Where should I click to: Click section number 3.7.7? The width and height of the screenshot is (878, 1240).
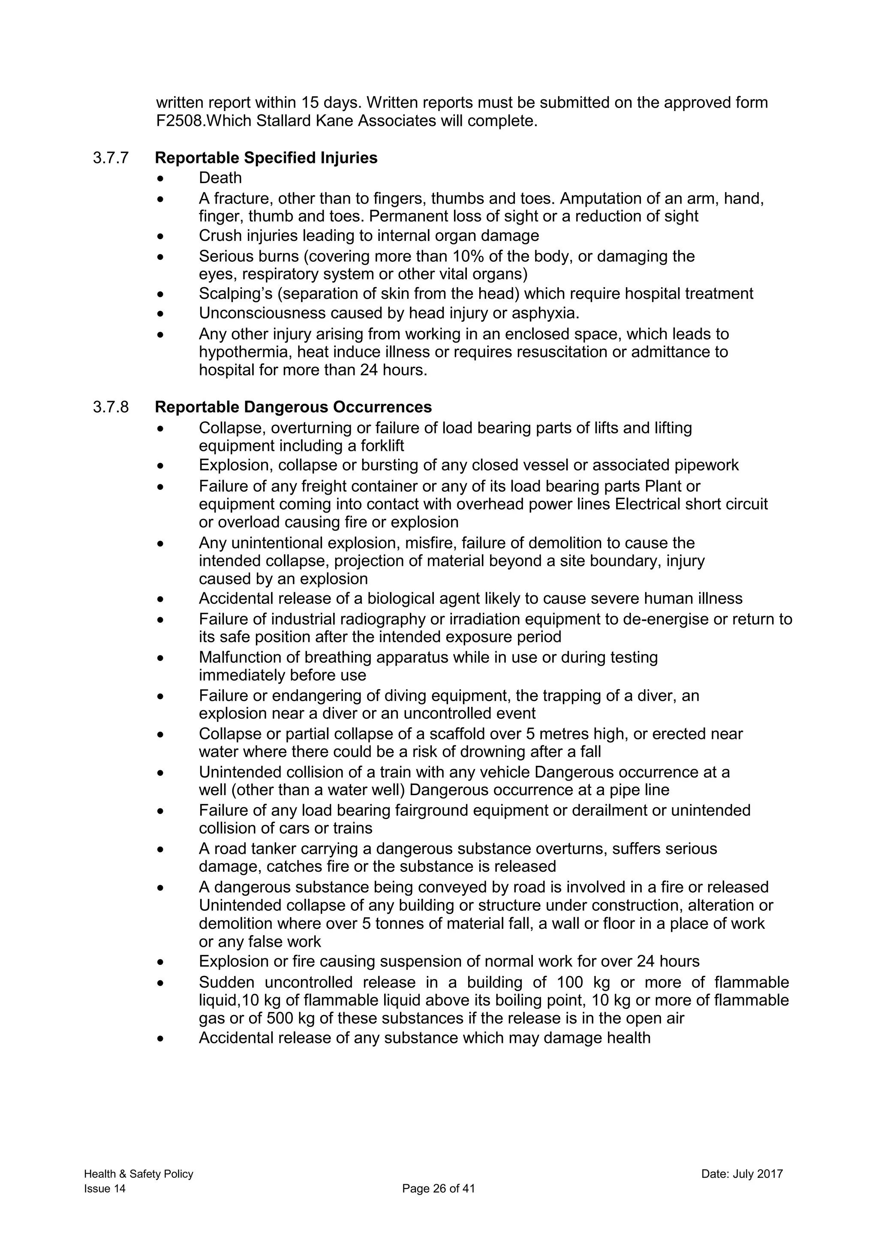(x=111, y=158)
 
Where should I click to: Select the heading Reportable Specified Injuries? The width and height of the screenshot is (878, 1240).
(x=266, y=158)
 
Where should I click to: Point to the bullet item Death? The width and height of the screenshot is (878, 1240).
(x=220, y=178)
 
